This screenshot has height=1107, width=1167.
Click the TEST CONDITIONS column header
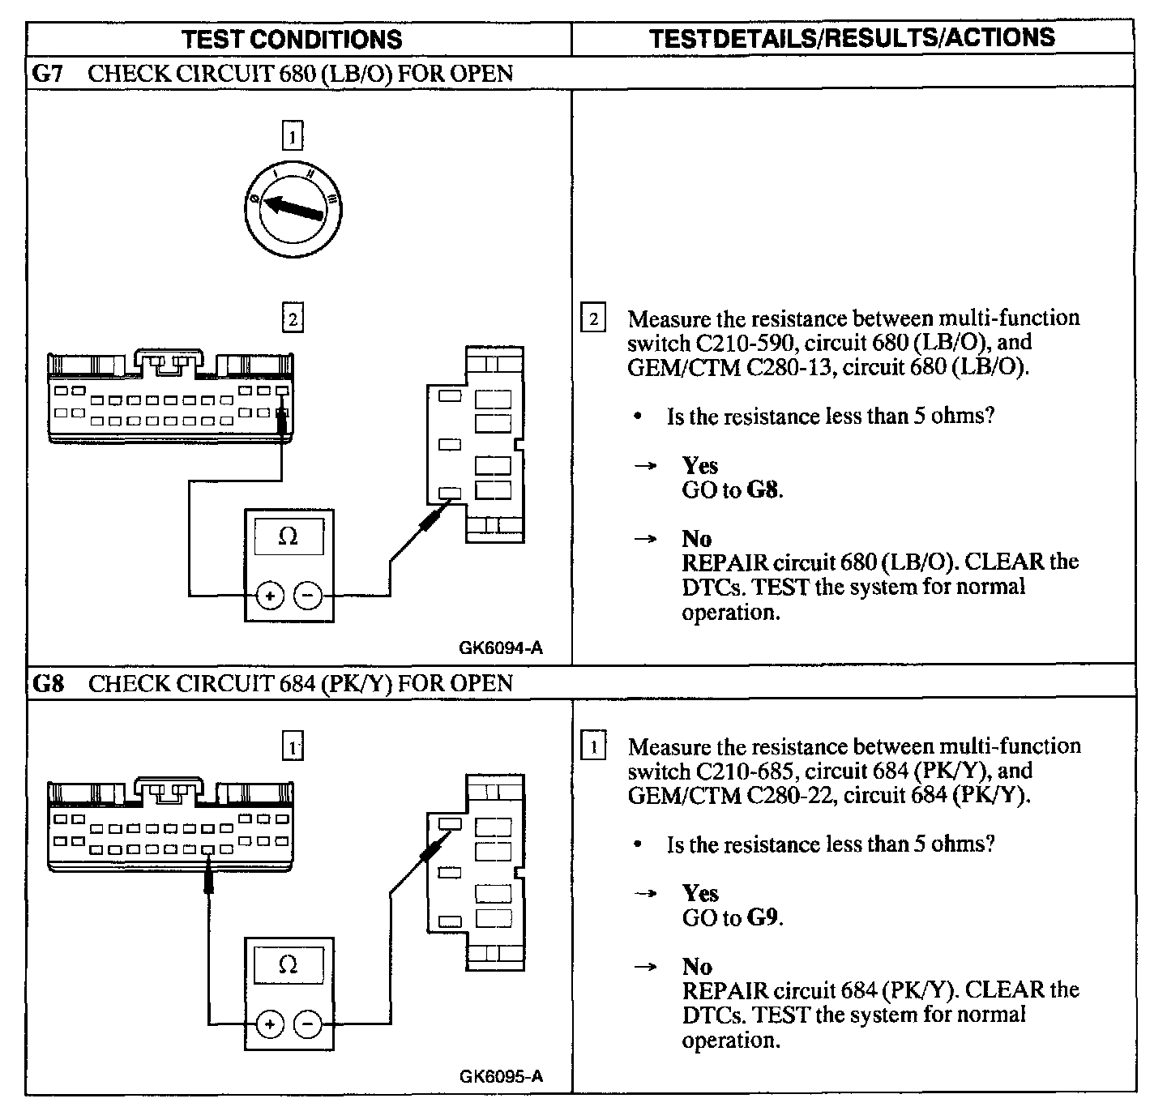[292, 39]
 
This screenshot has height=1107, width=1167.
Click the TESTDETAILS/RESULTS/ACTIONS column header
[852, 37]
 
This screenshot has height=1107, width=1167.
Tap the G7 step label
[46, 74]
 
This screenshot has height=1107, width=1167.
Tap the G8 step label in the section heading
[47, 683]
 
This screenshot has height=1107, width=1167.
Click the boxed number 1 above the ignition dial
[292, 135]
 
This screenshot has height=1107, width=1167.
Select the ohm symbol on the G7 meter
[289, 536]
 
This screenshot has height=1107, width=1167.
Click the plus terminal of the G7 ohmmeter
[270, 596]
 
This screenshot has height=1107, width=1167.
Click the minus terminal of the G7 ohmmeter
[308, 596]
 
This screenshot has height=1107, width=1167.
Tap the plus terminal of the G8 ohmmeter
[270, 1025]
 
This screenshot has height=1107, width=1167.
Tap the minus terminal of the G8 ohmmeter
[308, 1025]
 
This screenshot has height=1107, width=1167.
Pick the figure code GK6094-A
[501, 648]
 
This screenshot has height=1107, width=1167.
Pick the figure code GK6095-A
[501, 1076]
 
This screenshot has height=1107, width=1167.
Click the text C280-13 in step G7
[791, 367]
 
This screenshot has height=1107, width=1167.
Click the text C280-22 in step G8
[792, 795]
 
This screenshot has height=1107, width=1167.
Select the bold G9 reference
[763, 917]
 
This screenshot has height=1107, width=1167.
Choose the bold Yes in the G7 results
[699, 465]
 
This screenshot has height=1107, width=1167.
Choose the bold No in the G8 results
[697, 966]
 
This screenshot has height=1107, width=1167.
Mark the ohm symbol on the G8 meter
[289, 964]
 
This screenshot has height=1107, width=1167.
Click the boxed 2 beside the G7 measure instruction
[593, 318]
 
